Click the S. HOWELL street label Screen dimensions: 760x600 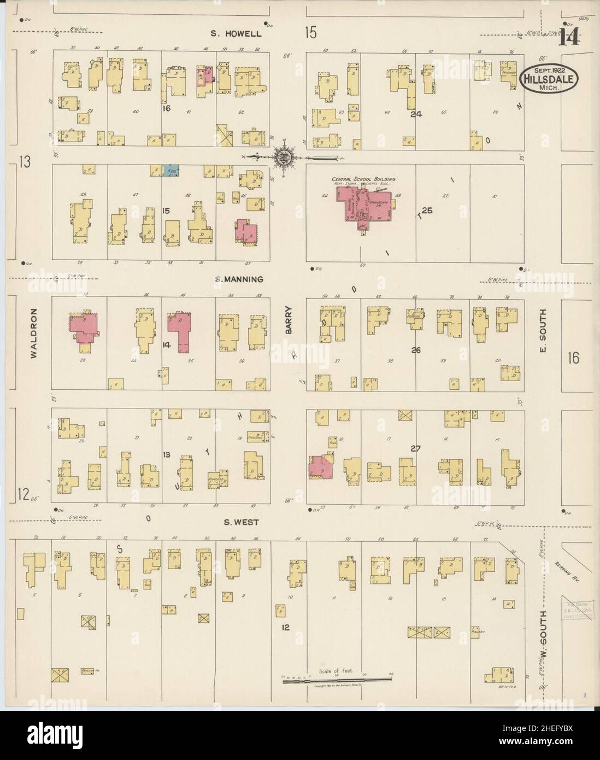coord(237,34)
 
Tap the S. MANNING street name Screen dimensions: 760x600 coord(238,279)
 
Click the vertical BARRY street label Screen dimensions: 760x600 coord(289,323)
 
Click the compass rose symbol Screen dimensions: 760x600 coord(283,157)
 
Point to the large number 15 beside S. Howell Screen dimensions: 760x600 coord(310,33)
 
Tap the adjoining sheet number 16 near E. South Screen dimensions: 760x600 coord(573,359)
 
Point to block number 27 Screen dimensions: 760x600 coord(416,448)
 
